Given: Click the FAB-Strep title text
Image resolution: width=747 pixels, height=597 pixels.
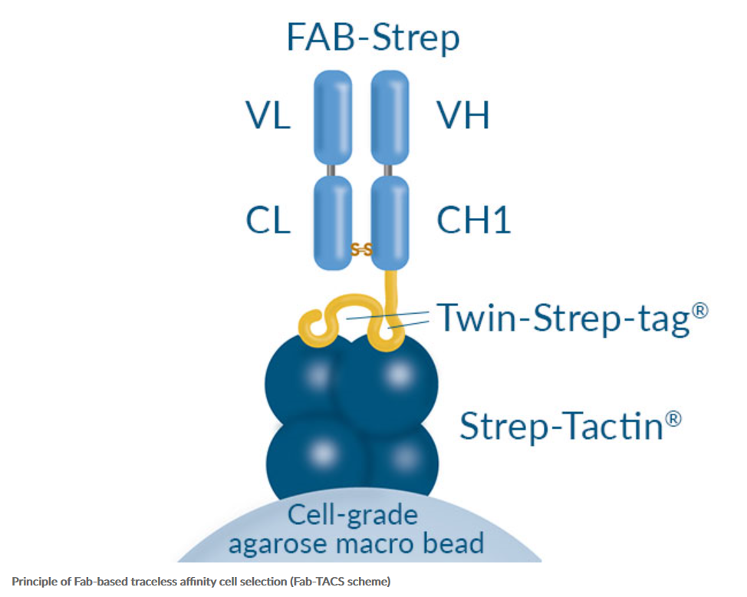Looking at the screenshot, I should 373,37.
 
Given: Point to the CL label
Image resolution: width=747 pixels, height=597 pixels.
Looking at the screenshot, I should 268,220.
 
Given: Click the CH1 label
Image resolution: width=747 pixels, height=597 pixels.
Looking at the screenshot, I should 473,220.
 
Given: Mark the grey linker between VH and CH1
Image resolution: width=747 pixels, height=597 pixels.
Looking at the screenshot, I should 390,170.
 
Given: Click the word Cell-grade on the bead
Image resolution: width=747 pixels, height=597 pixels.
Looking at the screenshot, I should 352,516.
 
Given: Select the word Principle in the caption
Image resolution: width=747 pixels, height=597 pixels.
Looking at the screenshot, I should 31,582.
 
